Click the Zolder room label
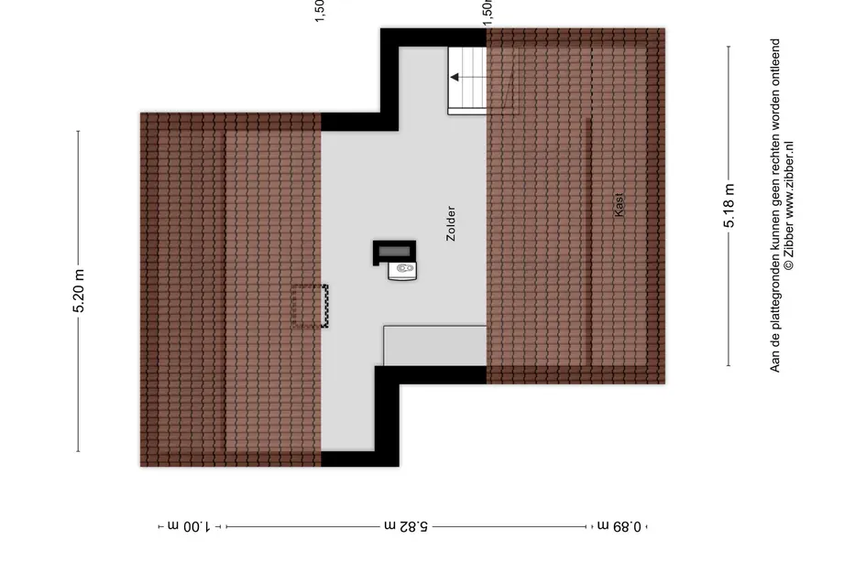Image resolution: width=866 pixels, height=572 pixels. point(450,223)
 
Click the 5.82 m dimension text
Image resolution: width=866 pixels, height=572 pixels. point(405,526)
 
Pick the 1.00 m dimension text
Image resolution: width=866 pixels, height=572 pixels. point(189,526)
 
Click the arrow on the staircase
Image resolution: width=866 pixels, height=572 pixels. point(455,78)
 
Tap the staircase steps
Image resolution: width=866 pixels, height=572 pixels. point(466,81)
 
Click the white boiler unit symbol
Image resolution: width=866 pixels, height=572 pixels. point(402,269)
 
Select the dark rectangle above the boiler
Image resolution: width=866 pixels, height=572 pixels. point(394,250)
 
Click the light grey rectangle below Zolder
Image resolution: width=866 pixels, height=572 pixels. point(434,345)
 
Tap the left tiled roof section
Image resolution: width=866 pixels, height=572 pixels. point(229,288)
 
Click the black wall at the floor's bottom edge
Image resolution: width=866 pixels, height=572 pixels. point(360,459)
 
